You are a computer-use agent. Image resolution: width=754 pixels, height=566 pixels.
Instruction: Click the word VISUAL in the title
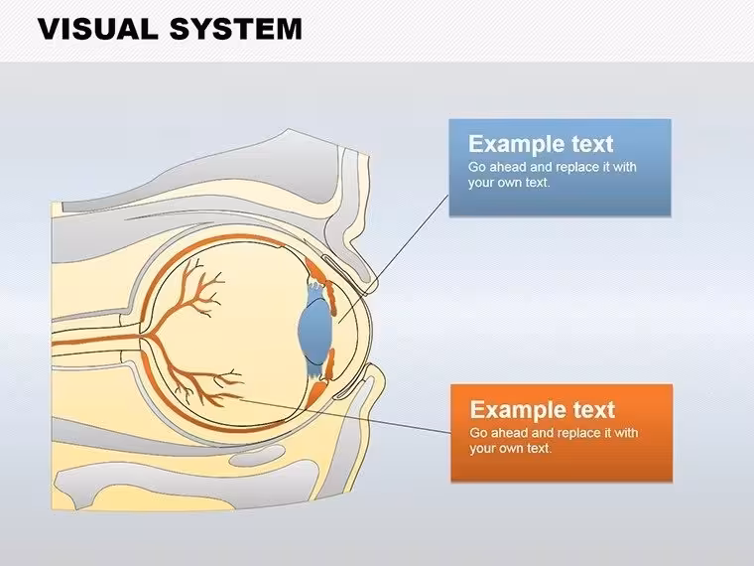point(98,29)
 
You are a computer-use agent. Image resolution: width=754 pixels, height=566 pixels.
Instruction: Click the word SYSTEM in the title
point(236,29)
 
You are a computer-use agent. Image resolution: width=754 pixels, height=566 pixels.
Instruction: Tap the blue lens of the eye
point(315,330)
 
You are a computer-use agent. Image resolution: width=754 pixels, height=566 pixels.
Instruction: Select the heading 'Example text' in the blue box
point(541,144)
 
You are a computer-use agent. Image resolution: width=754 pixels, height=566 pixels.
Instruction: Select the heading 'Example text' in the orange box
point(542,409)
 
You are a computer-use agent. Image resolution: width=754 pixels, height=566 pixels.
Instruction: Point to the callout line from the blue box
point(393,259)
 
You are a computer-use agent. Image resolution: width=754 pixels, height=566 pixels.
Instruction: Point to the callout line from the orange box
point(345,416)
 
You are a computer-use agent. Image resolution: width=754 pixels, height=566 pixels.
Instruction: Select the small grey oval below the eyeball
point(257,456)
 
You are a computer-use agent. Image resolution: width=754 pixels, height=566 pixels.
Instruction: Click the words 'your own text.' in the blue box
point(509,183)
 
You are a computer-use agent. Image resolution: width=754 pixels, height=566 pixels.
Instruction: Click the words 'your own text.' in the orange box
point(511,448)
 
